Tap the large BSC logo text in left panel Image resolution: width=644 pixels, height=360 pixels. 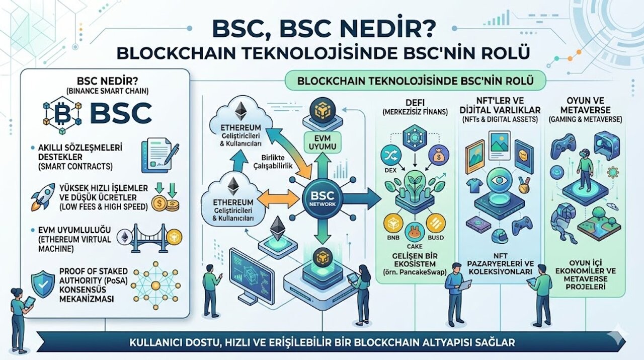(121, 113)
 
